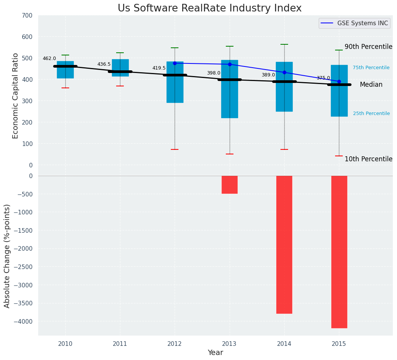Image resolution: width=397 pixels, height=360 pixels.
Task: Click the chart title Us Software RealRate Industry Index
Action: point(209,8)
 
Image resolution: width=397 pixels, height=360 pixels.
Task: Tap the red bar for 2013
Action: point(230,185)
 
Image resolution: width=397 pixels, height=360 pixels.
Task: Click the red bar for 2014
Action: point(284,245)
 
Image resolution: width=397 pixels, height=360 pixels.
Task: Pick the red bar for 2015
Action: point(339,252)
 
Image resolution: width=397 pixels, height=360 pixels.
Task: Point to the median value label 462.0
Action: point(49,58)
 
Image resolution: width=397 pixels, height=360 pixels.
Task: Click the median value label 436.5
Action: point(104,64)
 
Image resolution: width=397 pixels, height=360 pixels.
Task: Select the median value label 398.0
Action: point(214,73)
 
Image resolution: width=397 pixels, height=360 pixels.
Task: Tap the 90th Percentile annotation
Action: point(368,47)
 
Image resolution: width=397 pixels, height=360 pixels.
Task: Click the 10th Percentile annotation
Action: point(368,159)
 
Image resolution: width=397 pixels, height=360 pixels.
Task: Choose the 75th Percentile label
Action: point(371,68)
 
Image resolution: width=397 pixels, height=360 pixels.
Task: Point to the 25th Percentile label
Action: point(371,114)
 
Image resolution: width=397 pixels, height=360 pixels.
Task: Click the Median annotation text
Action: point(371,85)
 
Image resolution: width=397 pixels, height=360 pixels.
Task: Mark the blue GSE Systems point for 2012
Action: point(175,63)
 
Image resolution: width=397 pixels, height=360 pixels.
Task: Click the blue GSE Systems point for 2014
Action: point(284,72)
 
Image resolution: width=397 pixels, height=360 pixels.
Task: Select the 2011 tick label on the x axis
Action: point(120,344)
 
